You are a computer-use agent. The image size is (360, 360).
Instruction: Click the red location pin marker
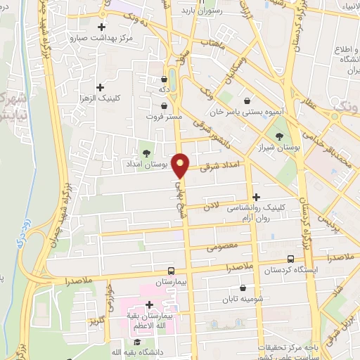181,165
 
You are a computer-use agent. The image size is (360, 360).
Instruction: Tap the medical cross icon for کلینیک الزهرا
101,88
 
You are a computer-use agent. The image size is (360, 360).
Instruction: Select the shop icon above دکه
164,80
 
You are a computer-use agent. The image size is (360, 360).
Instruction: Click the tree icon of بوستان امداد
146,153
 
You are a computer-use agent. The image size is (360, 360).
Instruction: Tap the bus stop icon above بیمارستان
171,271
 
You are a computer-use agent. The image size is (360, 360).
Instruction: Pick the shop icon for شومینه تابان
243,288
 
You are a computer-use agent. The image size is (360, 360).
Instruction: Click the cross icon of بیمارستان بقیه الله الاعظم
149,304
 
